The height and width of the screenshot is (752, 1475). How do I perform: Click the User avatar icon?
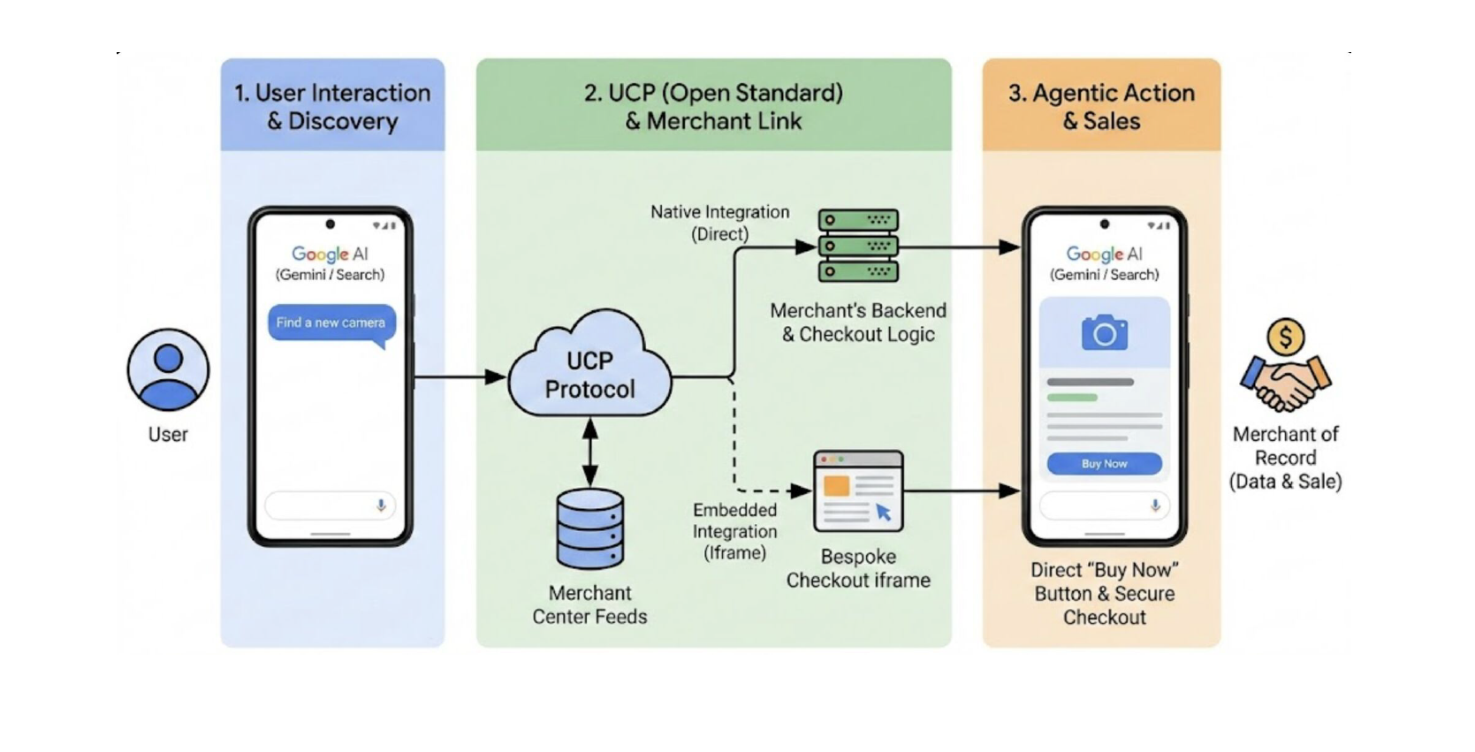point(168,370)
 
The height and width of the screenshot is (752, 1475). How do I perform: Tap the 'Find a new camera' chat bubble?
point(331,323)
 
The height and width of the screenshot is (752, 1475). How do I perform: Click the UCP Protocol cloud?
point(589,371)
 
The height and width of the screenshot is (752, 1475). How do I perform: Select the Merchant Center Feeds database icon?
point(589,528)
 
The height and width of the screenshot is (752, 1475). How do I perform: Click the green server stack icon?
point(857,246)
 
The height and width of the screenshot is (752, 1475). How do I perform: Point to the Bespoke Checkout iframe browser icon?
point(858,491)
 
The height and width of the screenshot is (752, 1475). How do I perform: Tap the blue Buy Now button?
point(1104,464)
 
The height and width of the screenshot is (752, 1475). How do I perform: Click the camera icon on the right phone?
point(1104,333)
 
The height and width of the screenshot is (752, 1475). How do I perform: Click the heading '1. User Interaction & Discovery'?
point(332,106)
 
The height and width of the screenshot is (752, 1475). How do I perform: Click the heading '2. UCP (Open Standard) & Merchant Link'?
point(713,106)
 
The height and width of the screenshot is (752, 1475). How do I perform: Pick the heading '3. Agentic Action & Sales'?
point(1101,106)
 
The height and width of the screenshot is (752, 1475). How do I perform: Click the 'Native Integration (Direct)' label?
point(719,223)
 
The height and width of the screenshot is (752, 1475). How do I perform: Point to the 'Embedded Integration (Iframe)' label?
point(734,531)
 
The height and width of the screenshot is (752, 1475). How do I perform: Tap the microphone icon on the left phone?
point(381,505)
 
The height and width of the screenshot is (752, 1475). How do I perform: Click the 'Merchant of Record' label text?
point(1285,446)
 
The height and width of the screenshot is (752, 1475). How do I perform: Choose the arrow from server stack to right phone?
point(959,247)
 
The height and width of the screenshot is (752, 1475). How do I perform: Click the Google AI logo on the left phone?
point(330,254)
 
